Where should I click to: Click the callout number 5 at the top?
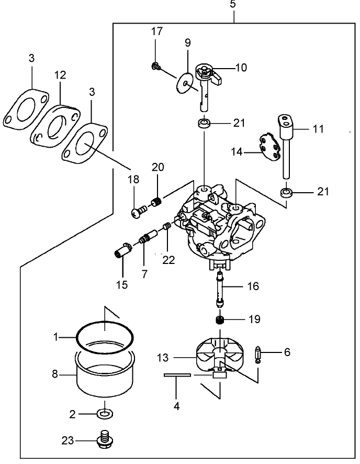(x=232, y=5)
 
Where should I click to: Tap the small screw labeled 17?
(x=155, y=66)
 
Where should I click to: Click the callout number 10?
(x=241, y=68)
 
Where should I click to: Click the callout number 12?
(x=60, y=75)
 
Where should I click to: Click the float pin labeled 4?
(x=176, y=375)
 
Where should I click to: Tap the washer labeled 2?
(x=105, y=414)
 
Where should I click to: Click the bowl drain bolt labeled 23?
(x=106, y=440)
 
